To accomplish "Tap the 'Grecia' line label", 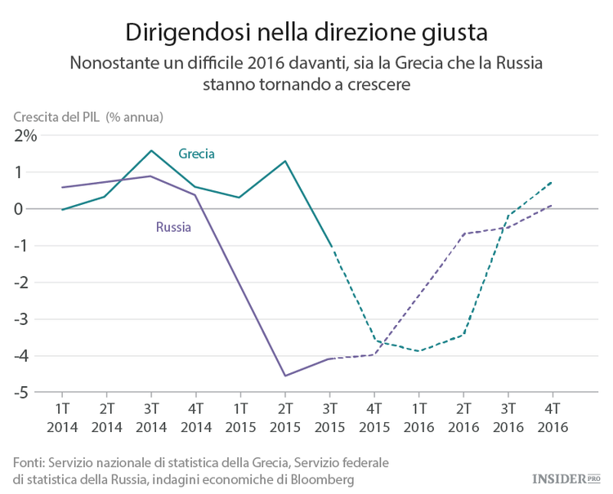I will pyautogui.click(x=196, y=154).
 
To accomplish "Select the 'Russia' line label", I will pyautogui.click(x=173, y=227).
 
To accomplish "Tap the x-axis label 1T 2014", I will pyautogui.click(x=61, y=416).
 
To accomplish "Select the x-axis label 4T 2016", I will pyautogui.click(x=552, y=416).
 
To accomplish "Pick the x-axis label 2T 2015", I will pyautogui.click(x=284, y=416).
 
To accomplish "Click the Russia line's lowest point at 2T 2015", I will pyautogui.click(x=284, y=376).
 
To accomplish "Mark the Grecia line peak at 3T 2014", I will pyautogui.click(x=151, y=150).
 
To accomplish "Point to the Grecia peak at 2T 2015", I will pyautogui.click(x=284, y=161).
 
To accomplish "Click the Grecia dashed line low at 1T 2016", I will pyautogui.click(x=418, y=351).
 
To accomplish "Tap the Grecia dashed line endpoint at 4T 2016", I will pyautogui.click(x=552, y=182).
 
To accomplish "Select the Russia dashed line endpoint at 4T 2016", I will pyautogui.click(x=552, y=205).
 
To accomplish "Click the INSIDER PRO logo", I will pyautogui.click(x=566, y=478).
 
